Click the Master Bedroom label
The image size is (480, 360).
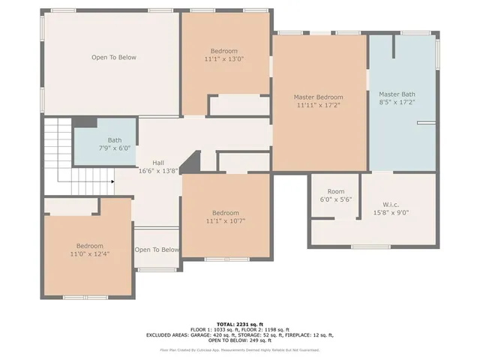[318, 97]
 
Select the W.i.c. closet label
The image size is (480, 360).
[397, 203]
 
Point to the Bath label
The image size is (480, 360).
[114, 139]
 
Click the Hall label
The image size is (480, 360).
[158, 163]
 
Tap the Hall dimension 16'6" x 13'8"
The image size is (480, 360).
[158, 171]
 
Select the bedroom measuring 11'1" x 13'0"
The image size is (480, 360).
[224, 54]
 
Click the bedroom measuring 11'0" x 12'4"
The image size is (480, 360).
[89, 250]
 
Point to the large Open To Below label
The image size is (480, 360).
[113, 58]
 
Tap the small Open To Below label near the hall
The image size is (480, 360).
[157, 250]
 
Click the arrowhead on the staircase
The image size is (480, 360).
[112, 181]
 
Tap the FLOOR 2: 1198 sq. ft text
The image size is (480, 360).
[264, 328]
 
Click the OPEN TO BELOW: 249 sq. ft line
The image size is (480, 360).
[240, 341]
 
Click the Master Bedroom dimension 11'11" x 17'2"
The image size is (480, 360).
[318, 106]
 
